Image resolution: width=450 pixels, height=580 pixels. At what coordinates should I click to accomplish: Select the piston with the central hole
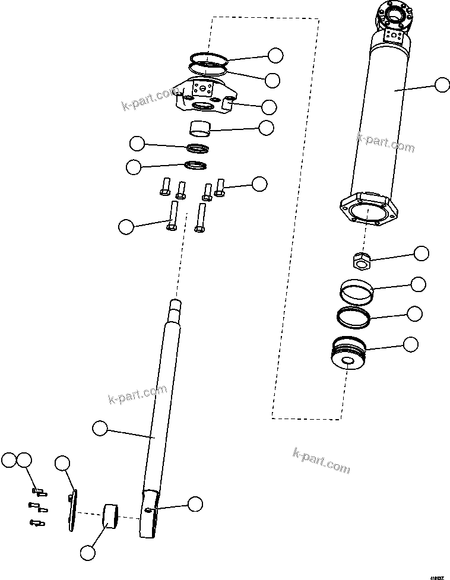pos(348,354)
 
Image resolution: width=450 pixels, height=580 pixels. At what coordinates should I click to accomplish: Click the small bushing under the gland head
pos(199,127)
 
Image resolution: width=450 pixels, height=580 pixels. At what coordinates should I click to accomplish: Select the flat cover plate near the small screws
pos(72,511)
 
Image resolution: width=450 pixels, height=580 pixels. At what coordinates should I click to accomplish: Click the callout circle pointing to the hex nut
pos(421,253)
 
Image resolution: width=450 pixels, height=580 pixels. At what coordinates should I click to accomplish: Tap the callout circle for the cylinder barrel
pos(442,85)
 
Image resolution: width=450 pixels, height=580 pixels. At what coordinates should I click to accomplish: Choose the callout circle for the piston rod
pos(100,427)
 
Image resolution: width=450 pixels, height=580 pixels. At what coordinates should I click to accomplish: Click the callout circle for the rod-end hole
pos(195,504)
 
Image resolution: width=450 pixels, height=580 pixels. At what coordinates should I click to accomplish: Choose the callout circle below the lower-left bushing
pos(87,552)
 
